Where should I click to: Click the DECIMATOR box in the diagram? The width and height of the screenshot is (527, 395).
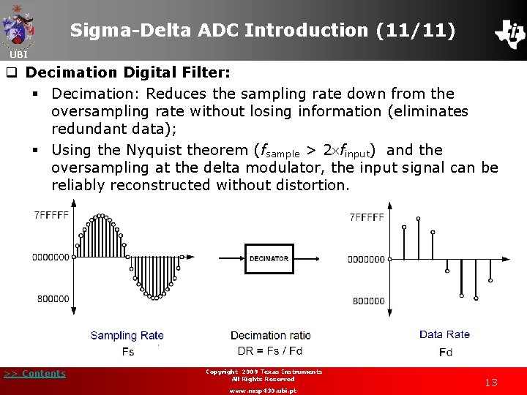[269, 258]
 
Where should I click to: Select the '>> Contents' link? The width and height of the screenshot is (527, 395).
[34, 374]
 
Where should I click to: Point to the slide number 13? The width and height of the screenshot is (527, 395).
[491, 383]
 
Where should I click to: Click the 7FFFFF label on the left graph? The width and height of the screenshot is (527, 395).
[51, 215]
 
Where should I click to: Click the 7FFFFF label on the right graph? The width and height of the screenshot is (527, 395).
[367, 217]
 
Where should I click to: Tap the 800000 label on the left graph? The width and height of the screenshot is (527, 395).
[53, 298]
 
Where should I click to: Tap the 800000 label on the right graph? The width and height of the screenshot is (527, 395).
[368, 301]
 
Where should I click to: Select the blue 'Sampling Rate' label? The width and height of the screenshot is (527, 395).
[127, 336]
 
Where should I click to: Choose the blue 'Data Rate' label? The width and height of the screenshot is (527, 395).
[444, 334]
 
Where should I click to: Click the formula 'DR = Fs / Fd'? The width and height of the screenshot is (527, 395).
[270, 351]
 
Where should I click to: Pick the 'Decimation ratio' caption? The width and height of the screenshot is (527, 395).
[270, 336]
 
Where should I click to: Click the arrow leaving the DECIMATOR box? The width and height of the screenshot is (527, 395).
[306, 258]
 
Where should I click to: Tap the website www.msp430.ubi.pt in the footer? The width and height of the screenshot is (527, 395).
[263, 391]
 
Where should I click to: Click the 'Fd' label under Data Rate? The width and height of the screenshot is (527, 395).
[445, 352]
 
